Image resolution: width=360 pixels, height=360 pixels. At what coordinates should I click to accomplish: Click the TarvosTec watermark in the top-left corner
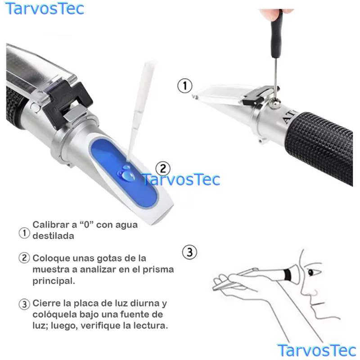click(44, 9)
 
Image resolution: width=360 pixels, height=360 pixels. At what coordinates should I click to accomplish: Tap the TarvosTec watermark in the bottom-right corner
click(316, 351)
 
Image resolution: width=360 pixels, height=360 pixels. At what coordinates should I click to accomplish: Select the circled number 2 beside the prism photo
click(163, 169)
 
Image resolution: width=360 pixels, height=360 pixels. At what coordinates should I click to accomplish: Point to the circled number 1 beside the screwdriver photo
click(185, 85)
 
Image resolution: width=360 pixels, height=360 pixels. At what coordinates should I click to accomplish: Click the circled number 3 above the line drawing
click(189, 252)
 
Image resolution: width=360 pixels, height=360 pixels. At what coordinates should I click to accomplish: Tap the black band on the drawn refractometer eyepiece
click(287, 274)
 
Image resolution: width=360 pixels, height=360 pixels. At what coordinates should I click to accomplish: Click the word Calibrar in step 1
click(51, 225)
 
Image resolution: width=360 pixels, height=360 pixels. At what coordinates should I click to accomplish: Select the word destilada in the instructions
click(53, 236)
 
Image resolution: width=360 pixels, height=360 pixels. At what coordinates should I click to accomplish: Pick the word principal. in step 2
click(54, 280)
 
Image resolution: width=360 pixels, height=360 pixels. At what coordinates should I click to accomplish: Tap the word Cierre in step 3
click(47, 303)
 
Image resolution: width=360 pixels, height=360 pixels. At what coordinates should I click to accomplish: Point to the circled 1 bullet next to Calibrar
click(24, 233)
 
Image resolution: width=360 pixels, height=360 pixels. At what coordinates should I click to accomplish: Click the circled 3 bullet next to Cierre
click(24, 305)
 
